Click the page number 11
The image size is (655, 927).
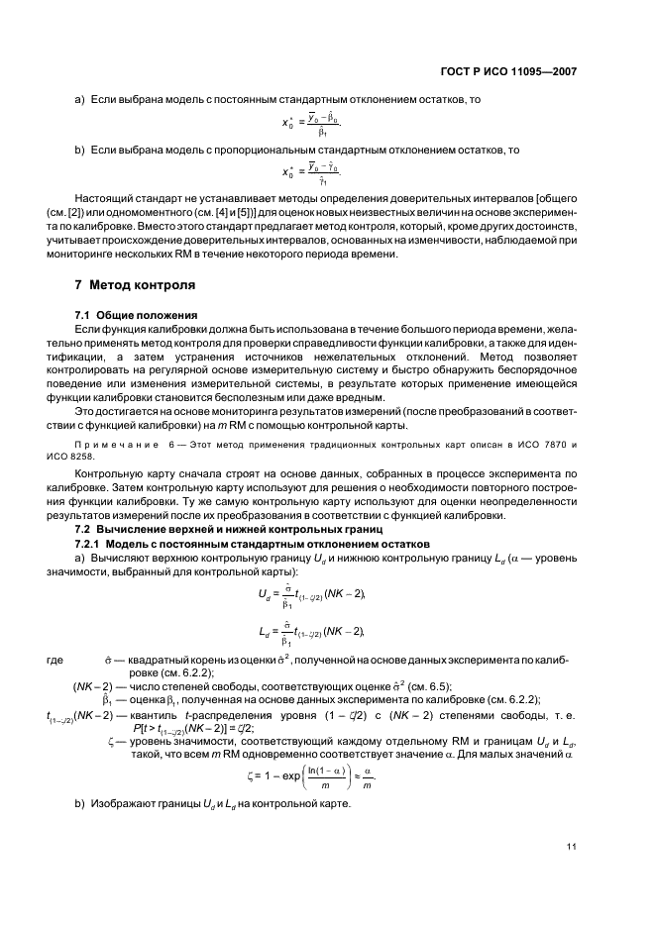pos(572,846)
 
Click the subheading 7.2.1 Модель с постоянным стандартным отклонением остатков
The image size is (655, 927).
pos(252,544)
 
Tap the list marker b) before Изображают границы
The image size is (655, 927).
pos(80,801)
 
